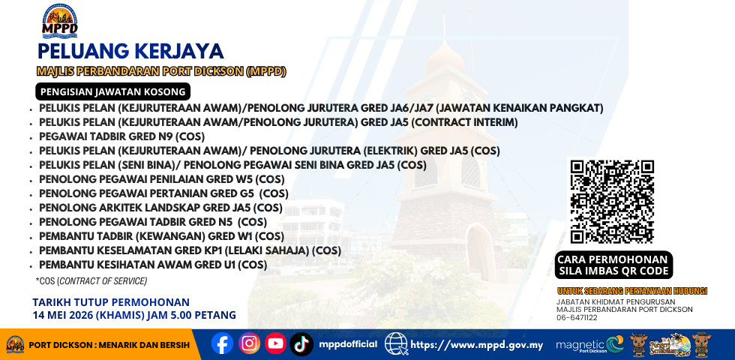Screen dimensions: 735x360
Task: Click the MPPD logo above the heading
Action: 59,21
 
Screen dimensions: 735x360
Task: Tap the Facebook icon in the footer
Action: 222,343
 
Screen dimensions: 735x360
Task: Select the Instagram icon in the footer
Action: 249,343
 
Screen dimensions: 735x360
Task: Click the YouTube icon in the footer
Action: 276,343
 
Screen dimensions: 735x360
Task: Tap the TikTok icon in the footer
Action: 301,344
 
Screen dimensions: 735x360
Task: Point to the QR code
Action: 612,202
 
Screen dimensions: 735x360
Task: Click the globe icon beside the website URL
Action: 396,344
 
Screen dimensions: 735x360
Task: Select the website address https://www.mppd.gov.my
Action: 477,346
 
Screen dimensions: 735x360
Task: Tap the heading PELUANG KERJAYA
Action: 130,51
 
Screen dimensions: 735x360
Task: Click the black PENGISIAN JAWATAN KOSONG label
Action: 113,91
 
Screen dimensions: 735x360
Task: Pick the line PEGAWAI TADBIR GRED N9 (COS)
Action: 121,136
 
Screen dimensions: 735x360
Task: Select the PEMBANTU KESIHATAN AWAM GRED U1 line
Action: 153,265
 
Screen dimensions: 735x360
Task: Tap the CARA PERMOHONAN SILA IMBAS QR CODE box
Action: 613,265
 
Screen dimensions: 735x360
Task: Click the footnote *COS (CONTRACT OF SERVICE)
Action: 91,281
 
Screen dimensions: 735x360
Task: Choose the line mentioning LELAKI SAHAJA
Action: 190,250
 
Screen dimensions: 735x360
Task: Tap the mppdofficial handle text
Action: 348,344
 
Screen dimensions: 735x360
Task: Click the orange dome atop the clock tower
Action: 445,58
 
